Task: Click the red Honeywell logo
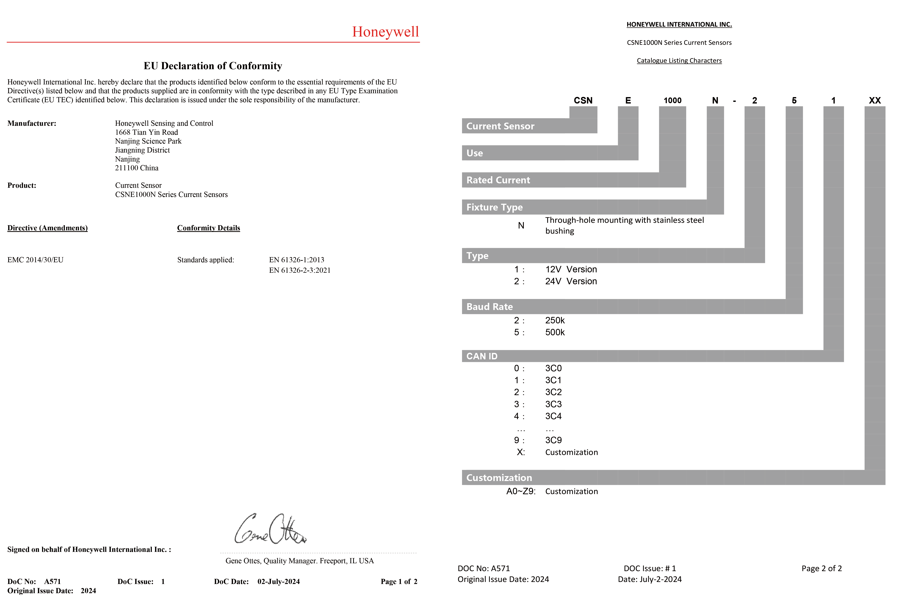point(385,32)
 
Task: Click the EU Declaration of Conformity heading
point(213,66)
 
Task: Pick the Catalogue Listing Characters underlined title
point(679,61)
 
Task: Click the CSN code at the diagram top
point(583,100)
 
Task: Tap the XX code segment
point(875,100)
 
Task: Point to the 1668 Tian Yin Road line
point(146,132)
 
